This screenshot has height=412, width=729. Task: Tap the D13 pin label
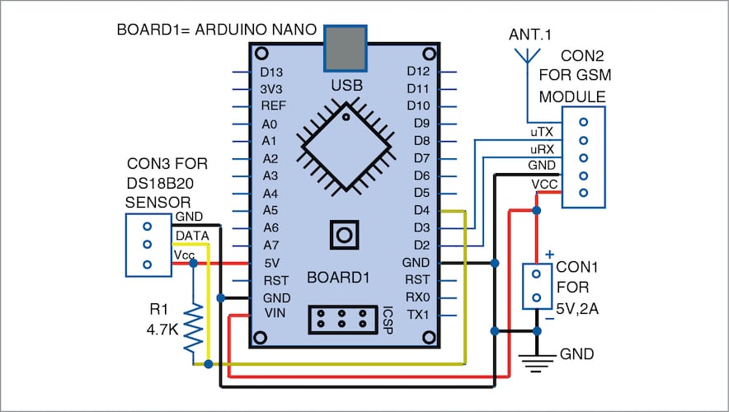(x=271, y=71)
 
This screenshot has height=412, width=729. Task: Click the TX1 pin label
(x=418, y=315)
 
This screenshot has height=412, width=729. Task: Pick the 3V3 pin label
(x=271, y=88)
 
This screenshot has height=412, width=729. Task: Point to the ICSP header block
(x=341, y=318)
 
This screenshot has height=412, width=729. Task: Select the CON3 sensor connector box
(x=148, y=245)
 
